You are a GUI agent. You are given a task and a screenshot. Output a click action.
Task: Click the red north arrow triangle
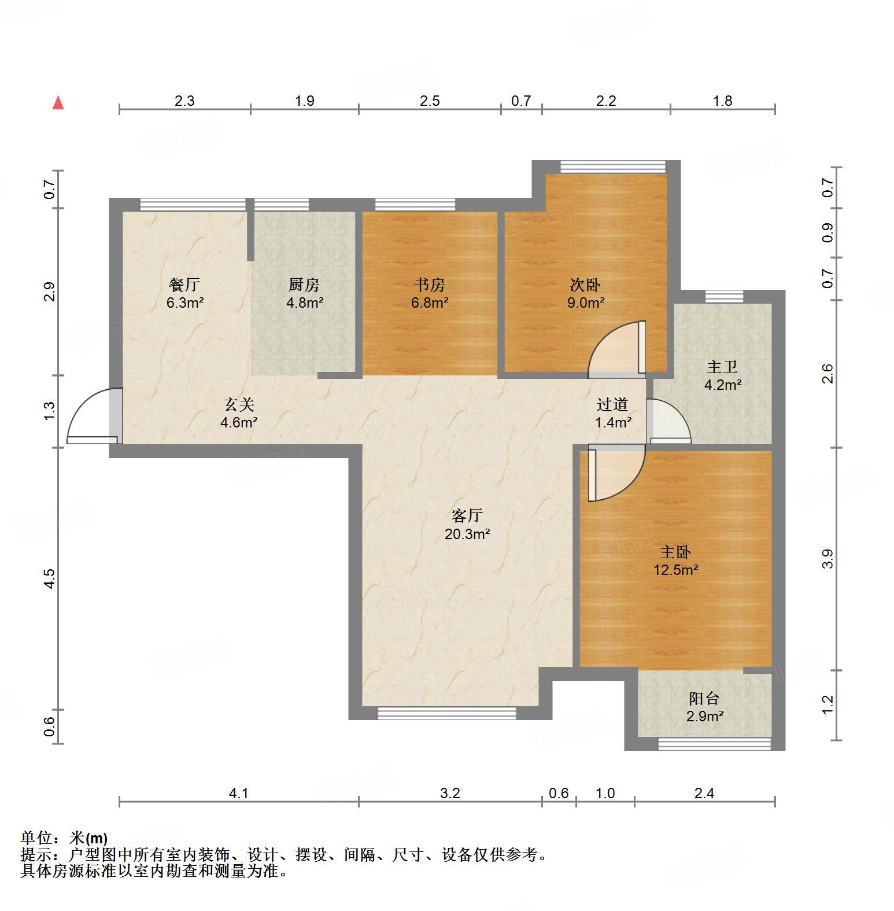[58, 103]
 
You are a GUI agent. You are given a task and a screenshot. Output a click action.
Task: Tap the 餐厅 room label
[184, 285]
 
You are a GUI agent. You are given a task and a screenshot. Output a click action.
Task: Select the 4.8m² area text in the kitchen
[305, 302]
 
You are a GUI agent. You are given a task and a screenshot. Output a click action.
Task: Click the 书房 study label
[430, 285]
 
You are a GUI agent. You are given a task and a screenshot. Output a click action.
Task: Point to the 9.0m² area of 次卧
[586, 302]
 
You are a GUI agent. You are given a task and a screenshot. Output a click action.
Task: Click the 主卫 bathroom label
[722, 367]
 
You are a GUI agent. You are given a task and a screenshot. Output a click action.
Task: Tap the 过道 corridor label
[612, 405]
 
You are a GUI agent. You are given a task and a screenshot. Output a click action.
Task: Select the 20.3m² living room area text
[467, 534]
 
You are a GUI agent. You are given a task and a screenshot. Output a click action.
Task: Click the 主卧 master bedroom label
[675, 552]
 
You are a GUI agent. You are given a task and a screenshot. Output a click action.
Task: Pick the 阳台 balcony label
[704, 698]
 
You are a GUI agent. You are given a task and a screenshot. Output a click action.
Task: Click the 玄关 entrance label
[239, 404]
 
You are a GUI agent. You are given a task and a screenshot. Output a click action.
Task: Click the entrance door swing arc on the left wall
[87, 415]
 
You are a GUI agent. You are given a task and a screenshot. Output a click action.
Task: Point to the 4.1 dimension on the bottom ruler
[238, 793]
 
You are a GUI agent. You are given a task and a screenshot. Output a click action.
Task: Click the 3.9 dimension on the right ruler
[827, 559]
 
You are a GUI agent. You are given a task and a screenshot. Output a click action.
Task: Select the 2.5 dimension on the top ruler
[430, 101]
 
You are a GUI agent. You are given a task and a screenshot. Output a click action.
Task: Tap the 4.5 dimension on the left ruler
[50, 578]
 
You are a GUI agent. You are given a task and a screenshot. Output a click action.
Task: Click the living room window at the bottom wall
[446, 714]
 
